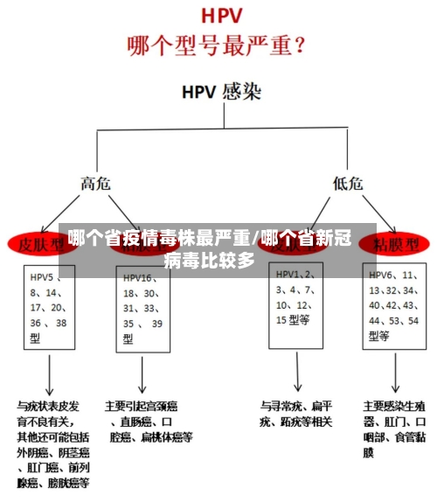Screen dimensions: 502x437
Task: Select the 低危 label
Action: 347,184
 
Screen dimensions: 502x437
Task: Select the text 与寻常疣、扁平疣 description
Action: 296,413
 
